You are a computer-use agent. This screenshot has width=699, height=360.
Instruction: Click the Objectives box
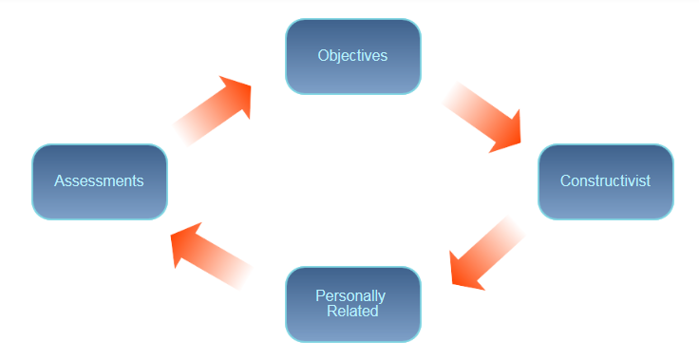(x=352, y=56)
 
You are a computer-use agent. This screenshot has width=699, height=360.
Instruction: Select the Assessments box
(x=99, y=181)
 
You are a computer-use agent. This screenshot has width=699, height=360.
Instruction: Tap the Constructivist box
(x=605, y=181)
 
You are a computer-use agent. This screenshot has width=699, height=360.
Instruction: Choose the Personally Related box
(x=352, y=304)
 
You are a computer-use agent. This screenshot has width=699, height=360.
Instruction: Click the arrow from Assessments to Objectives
(x=214, y=112)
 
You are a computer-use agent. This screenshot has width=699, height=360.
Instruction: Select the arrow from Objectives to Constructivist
(x=483, y=115)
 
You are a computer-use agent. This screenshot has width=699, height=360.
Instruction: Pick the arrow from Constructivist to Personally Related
(x=487, y=253)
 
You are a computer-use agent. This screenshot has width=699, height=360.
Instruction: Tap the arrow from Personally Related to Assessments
(x=212, y=254)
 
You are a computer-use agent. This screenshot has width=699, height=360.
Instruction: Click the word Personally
(x=350, y=296)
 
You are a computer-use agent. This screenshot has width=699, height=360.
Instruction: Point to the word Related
(x=352, y=311)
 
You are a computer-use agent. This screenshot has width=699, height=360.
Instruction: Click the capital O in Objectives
(x=323, y=56)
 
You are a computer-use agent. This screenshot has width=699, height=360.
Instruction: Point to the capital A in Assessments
(x=59, y=180)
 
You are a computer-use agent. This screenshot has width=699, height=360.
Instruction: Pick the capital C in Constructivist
(x=565, y=180)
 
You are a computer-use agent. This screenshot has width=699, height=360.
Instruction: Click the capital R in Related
(x=331, y=311)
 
